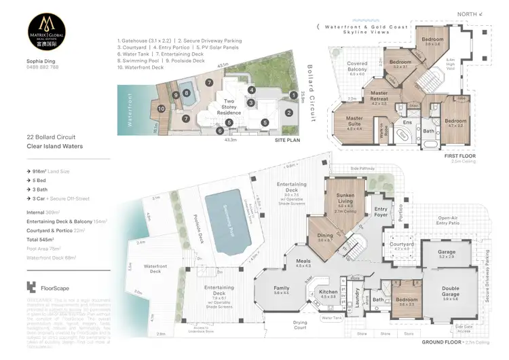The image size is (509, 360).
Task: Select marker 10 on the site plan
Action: point(162,107)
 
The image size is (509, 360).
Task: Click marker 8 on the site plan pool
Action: point(186,93)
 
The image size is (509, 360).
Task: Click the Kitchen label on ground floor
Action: point(328,293)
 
